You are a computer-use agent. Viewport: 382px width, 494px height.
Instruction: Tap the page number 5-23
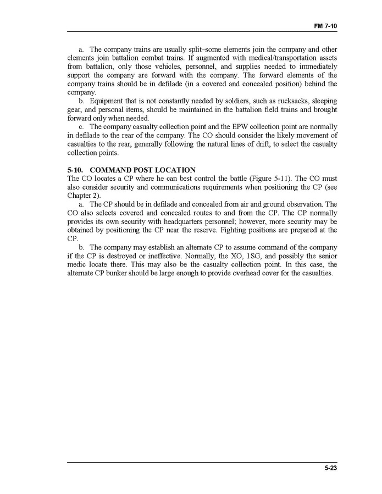330,468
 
